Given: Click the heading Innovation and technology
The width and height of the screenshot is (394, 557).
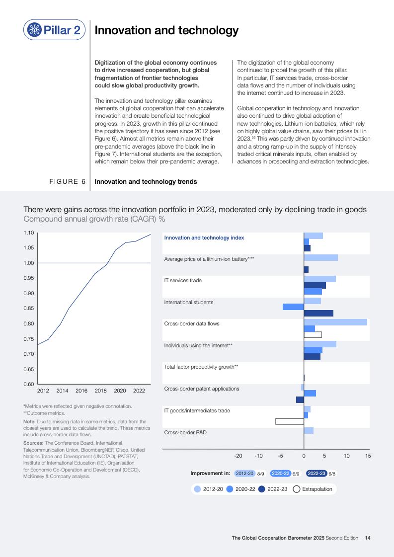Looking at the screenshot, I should [x=166, y=31].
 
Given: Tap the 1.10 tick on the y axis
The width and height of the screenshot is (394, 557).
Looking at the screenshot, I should [x=28, y=233].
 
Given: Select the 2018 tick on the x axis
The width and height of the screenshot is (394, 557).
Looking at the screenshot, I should [x=100, y=391].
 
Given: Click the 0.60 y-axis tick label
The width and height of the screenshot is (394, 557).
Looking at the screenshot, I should [x=28, y=384].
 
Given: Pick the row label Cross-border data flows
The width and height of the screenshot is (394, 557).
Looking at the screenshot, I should [x=192, y=323].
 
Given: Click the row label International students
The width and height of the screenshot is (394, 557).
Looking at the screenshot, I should [x=189, y=302].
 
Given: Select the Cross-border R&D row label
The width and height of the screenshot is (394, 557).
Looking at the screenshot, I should [x=185, y=432].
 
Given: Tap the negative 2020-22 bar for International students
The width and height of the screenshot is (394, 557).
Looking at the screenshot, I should [x=293, y=307].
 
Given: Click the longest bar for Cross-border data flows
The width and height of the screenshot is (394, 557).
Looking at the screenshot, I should [x=335, y=322].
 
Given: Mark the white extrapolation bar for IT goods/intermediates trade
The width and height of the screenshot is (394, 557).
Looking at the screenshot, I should [x=290, y=421].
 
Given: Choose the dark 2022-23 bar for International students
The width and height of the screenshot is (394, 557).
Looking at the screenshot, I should [x=318, y=313].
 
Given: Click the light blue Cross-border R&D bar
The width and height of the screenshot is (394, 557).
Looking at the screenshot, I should [x=309, y=430].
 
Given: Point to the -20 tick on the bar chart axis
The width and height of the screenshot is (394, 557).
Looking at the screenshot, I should [x=238, y=456].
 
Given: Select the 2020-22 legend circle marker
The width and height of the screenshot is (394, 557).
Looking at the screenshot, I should [x=230, y=489].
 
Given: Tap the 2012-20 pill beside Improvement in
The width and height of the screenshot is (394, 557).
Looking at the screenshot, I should [x=244, y=474].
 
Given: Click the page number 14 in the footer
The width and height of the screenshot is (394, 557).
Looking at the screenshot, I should [x=367, y=538].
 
